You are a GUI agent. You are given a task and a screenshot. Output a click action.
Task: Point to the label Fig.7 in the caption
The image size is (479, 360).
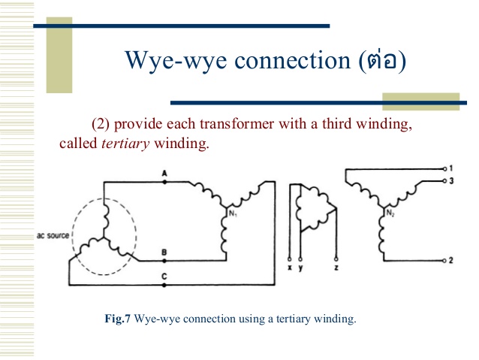[x=118, y=319]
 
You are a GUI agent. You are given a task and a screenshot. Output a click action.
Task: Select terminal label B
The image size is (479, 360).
[x=164, y=253]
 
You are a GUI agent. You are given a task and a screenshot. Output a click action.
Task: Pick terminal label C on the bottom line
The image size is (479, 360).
[x=164, y=277]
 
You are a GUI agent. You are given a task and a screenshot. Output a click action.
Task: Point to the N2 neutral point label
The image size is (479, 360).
[x=390, y=213]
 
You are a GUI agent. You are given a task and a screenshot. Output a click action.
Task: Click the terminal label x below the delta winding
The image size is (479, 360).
[x=290, y=267]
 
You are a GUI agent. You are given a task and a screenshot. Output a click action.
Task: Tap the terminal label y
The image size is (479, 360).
[x=300, y=268]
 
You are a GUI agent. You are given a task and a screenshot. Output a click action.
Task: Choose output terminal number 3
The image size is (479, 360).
[x=449, y=181]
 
